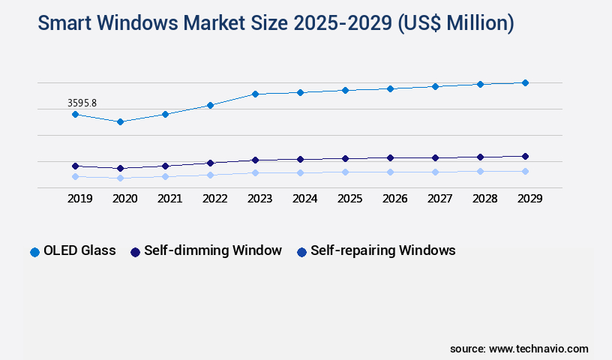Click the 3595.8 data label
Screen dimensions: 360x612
82,103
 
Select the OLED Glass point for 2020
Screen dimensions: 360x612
120,121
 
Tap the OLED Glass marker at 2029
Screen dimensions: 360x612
525,82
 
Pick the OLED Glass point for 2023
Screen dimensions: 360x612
255,94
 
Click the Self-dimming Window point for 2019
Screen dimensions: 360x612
75,166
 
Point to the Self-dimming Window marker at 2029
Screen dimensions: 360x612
525,156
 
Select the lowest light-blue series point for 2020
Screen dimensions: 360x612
120,178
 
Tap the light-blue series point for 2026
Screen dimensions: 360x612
390,172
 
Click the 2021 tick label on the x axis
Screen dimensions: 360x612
169,199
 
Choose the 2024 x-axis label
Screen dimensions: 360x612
304,199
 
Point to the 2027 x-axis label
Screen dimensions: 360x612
439,199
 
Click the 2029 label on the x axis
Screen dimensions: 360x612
529,199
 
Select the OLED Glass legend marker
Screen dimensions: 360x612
34,252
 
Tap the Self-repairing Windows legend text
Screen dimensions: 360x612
382,250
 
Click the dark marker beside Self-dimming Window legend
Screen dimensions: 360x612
136,252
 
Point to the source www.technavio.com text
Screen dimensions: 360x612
519,349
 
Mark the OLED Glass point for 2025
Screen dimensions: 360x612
345,90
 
